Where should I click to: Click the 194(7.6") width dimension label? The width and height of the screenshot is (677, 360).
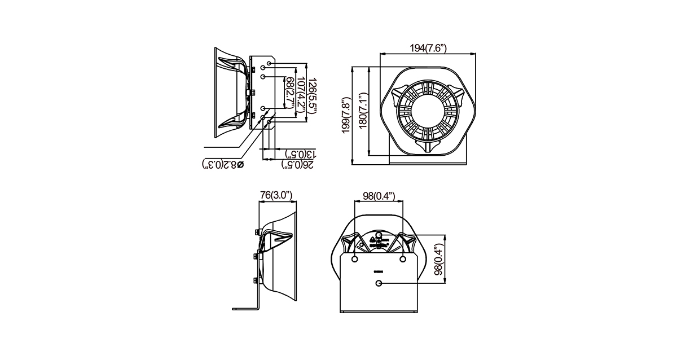(x=428, y=49)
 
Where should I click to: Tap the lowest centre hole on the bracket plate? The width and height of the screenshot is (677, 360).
(x=379, y=283)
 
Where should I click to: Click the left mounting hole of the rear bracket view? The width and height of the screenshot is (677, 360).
(x=354, y=259)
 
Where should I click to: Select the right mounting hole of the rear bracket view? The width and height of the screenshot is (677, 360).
(x=403, y=259)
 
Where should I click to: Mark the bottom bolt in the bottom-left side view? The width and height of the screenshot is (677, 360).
(x=256, y=280)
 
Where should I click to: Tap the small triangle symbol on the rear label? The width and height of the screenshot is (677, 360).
(x=372, y=240)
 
